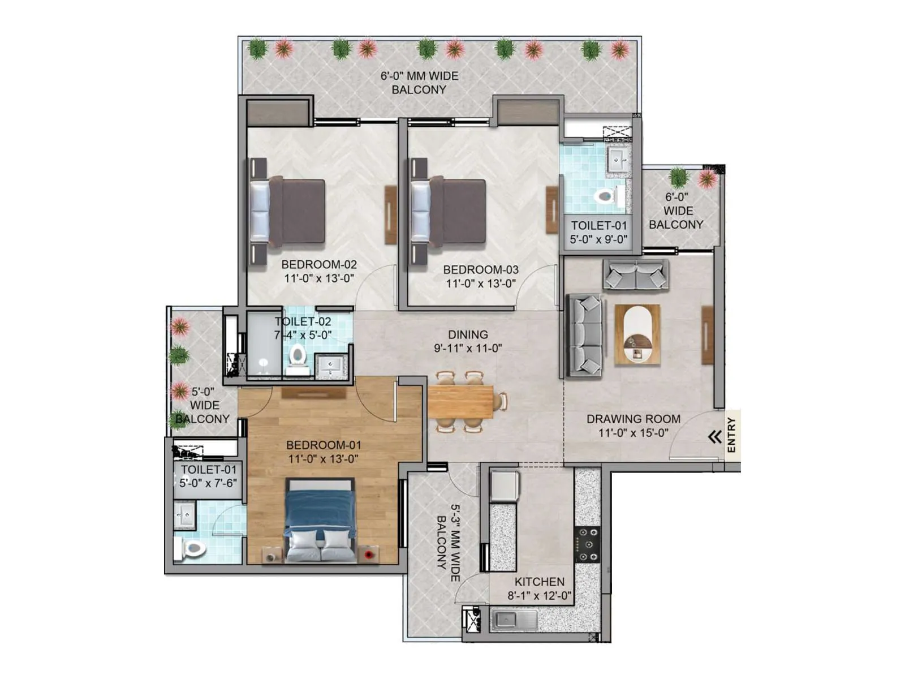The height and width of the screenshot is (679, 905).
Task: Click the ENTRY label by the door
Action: click(731, 435)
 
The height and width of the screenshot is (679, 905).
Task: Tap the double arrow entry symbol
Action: click(715, 437)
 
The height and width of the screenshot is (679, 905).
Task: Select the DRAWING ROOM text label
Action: click(633, 419)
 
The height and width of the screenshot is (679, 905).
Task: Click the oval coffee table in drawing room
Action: click(637, 334)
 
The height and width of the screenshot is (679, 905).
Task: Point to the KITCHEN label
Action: click(539, 582)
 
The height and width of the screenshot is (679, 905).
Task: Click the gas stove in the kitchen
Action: click(587, 544)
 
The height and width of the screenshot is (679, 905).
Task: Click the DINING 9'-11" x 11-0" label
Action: click(468, 341)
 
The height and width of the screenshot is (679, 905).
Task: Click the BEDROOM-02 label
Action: click(319, 264)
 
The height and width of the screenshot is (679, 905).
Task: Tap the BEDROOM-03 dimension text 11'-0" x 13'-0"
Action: click(481, 283)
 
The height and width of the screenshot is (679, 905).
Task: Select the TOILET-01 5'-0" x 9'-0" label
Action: click(598, 232)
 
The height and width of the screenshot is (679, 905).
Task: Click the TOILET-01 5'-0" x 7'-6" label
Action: click(208, 476)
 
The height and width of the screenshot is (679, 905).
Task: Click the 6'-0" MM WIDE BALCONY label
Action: click(419, 83)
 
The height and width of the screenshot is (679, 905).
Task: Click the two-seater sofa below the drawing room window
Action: click(635, 275)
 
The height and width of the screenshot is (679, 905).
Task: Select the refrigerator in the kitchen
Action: click(504, 485)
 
